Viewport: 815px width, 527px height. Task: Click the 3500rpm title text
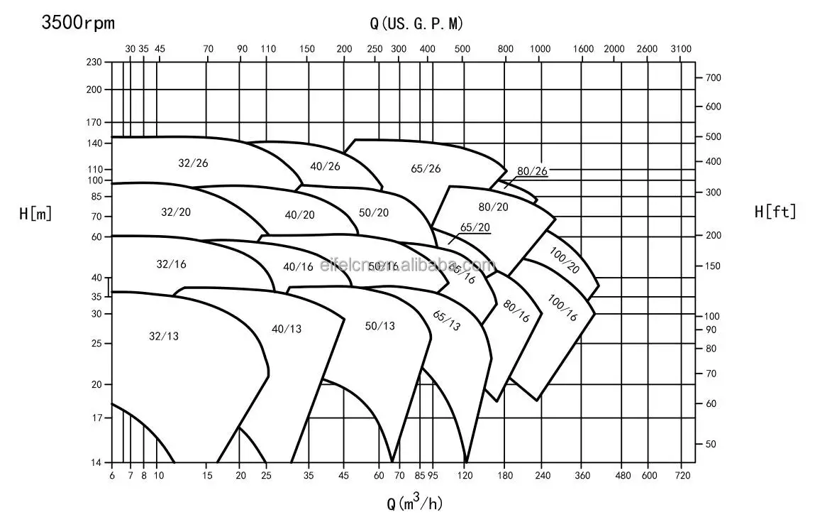[78, 23]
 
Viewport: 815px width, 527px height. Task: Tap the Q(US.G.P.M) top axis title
[416, 23]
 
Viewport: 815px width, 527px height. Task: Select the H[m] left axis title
[35, 212]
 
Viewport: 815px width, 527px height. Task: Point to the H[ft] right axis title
[775, 211]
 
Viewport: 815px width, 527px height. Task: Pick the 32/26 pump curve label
[193, 163]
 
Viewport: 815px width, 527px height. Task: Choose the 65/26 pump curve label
[426, 168]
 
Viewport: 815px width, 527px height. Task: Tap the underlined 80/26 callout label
[532, 171]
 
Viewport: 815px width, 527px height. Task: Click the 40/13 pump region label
[287, 329]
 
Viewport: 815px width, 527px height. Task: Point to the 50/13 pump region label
[379, 326]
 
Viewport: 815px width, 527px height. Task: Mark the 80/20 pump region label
[494, 207]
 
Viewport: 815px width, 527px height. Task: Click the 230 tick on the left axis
[94, 63]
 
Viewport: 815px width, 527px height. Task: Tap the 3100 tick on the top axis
[680, 48]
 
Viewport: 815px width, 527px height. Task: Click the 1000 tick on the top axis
[540, 48]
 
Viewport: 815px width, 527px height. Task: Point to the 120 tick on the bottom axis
[465, 475]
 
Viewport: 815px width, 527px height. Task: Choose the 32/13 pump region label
[164, 336]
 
